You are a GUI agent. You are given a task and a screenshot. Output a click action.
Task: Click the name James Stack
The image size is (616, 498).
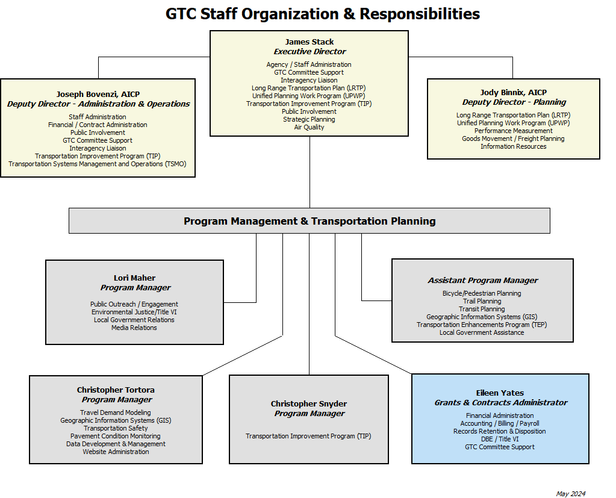310,42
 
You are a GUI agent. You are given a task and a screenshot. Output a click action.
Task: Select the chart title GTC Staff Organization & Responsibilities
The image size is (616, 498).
323,14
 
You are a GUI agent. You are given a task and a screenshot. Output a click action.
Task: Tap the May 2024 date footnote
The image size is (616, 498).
570,494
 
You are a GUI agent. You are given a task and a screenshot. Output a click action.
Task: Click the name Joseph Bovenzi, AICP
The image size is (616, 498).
98,95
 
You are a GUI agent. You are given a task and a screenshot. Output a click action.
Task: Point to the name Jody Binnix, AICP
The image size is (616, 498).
514,93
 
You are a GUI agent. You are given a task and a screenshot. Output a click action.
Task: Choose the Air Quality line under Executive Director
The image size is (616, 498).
309,127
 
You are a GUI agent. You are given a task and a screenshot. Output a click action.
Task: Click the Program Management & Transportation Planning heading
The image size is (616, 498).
310,221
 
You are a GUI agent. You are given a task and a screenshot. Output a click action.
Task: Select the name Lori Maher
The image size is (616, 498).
134,278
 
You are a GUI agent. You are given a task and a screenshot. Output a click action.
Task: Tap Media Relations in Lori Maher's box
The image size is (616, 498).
134,328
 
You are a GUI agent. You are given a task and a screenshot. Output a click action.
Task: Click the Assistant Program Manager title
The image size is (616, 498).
482,281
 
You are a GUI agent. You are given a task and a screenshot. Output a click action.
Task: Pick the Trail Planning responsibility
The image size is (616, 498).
482,301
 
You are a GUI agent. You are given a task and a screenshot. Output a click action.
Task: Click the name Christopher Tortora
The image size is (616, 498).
116,390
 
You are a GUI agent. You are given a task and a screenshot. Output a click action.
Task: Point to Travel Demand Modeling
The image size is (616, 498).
116,412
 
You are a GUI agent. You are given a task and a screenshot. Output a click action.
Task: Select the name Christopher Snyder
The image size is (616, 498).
309,404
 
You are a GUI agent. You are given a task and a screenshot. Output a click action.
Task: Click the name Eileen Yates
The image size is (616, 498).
500,393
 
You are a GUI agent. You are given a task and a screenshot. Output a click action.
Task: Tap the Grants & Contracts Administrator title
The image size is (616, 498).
500,403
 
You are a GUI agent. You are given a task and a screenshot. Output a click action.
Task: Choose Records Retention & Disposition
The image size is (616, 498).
500,431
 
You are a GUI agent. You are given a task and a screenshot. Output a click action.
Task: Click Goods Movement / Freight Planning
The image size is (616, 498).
514,139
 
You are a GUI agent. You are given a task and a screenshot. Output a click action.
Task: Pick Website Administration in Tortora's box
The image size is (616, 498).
116,452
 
